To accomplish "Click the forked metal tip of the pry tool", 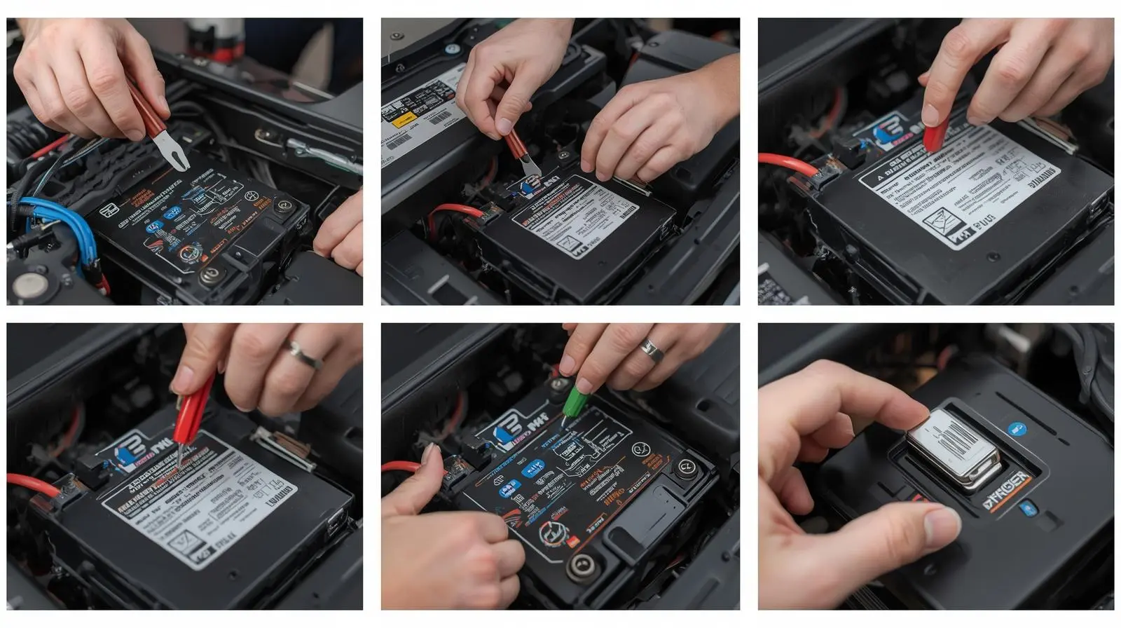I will point(172,151).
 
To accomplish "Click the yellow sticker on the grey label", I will point(403,121).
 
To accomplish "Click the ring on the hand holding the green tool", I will point(652,350).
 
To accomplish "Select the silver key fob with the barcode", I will point(954,448).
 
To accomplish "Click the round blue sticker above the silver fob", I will point(1017,428).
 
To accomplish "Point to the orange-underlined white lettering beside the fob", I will point(1007,491).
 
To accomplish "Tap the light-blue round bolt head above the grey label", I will point(452,50).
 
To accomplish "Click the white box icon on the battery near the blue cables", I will point(109,209).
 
